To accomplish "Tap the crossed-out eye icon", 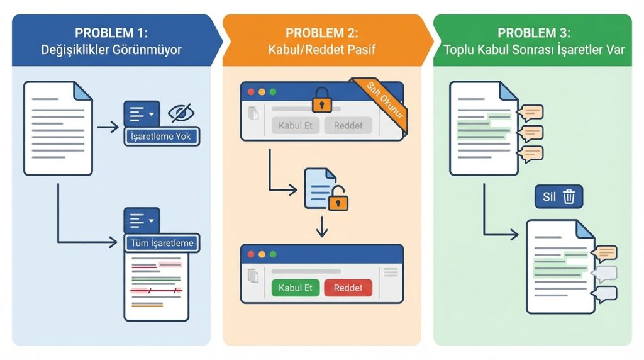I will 181,113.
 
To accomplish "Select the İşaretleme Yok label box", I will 162,136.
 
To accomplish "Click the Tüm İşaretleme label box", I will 162,243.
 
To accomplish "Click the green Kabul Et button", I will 295,288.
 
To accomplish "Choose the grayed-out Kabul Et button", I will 295,125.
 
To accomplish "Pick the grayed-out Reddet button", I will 348,125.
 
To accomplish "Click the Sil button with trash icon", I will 558,196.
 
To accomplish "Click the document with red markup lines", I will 156,287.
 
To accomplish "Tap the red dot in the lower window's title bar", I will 251,254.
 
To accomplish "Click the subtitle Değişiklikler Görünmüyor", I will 111,49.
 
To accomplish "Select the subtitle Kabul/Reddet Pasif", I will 321,49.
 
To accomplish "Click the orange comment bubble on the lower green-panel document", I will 606,253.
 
